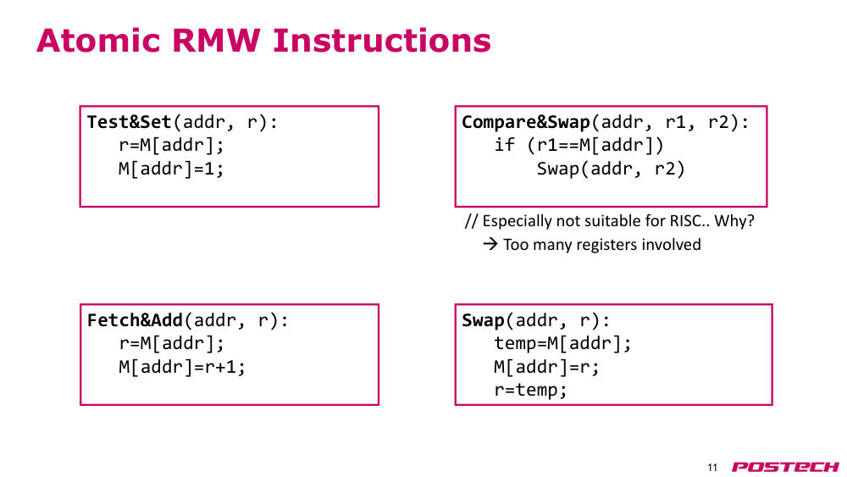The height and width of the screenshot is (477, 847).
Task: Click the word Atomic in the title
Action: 99,41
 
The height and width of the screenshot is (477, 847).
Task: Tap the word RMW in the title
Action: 217,41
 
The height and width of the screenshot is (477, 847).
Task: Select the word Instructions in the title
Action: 382,41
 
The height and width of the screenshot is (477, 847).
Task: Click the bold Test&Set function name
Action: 129,122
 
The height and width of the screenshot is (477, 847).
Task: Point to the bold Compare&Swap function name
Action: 526,123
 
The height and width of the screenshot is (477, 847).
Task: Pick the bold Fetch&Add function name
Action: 135,320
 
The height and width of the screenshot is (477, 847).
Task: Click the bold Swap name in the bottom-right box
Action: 483,321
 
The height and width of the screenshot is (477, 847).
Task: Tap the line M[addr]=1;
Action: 171,169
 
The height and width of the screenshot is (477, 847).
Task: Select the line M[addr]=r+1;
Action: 182,368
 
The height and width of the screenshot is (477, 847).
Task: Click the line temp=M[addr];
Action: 562,344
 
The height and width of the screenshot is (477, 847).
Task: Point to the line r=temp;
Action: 530,390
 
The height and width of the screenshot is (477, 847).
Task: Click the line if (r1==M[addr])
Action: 579,146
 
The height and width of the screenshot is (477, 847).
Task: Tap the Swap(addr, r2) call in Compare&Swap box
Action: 611,169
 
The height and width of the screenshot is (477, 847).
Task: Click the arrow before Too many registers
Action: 490,244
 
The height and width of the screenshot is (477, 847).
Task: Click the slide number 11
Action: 712,468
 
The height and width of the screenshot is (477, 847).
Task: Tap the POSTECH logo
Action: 785,467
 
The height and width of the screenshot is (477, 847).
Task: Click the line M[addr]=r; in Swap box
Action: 546,368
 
